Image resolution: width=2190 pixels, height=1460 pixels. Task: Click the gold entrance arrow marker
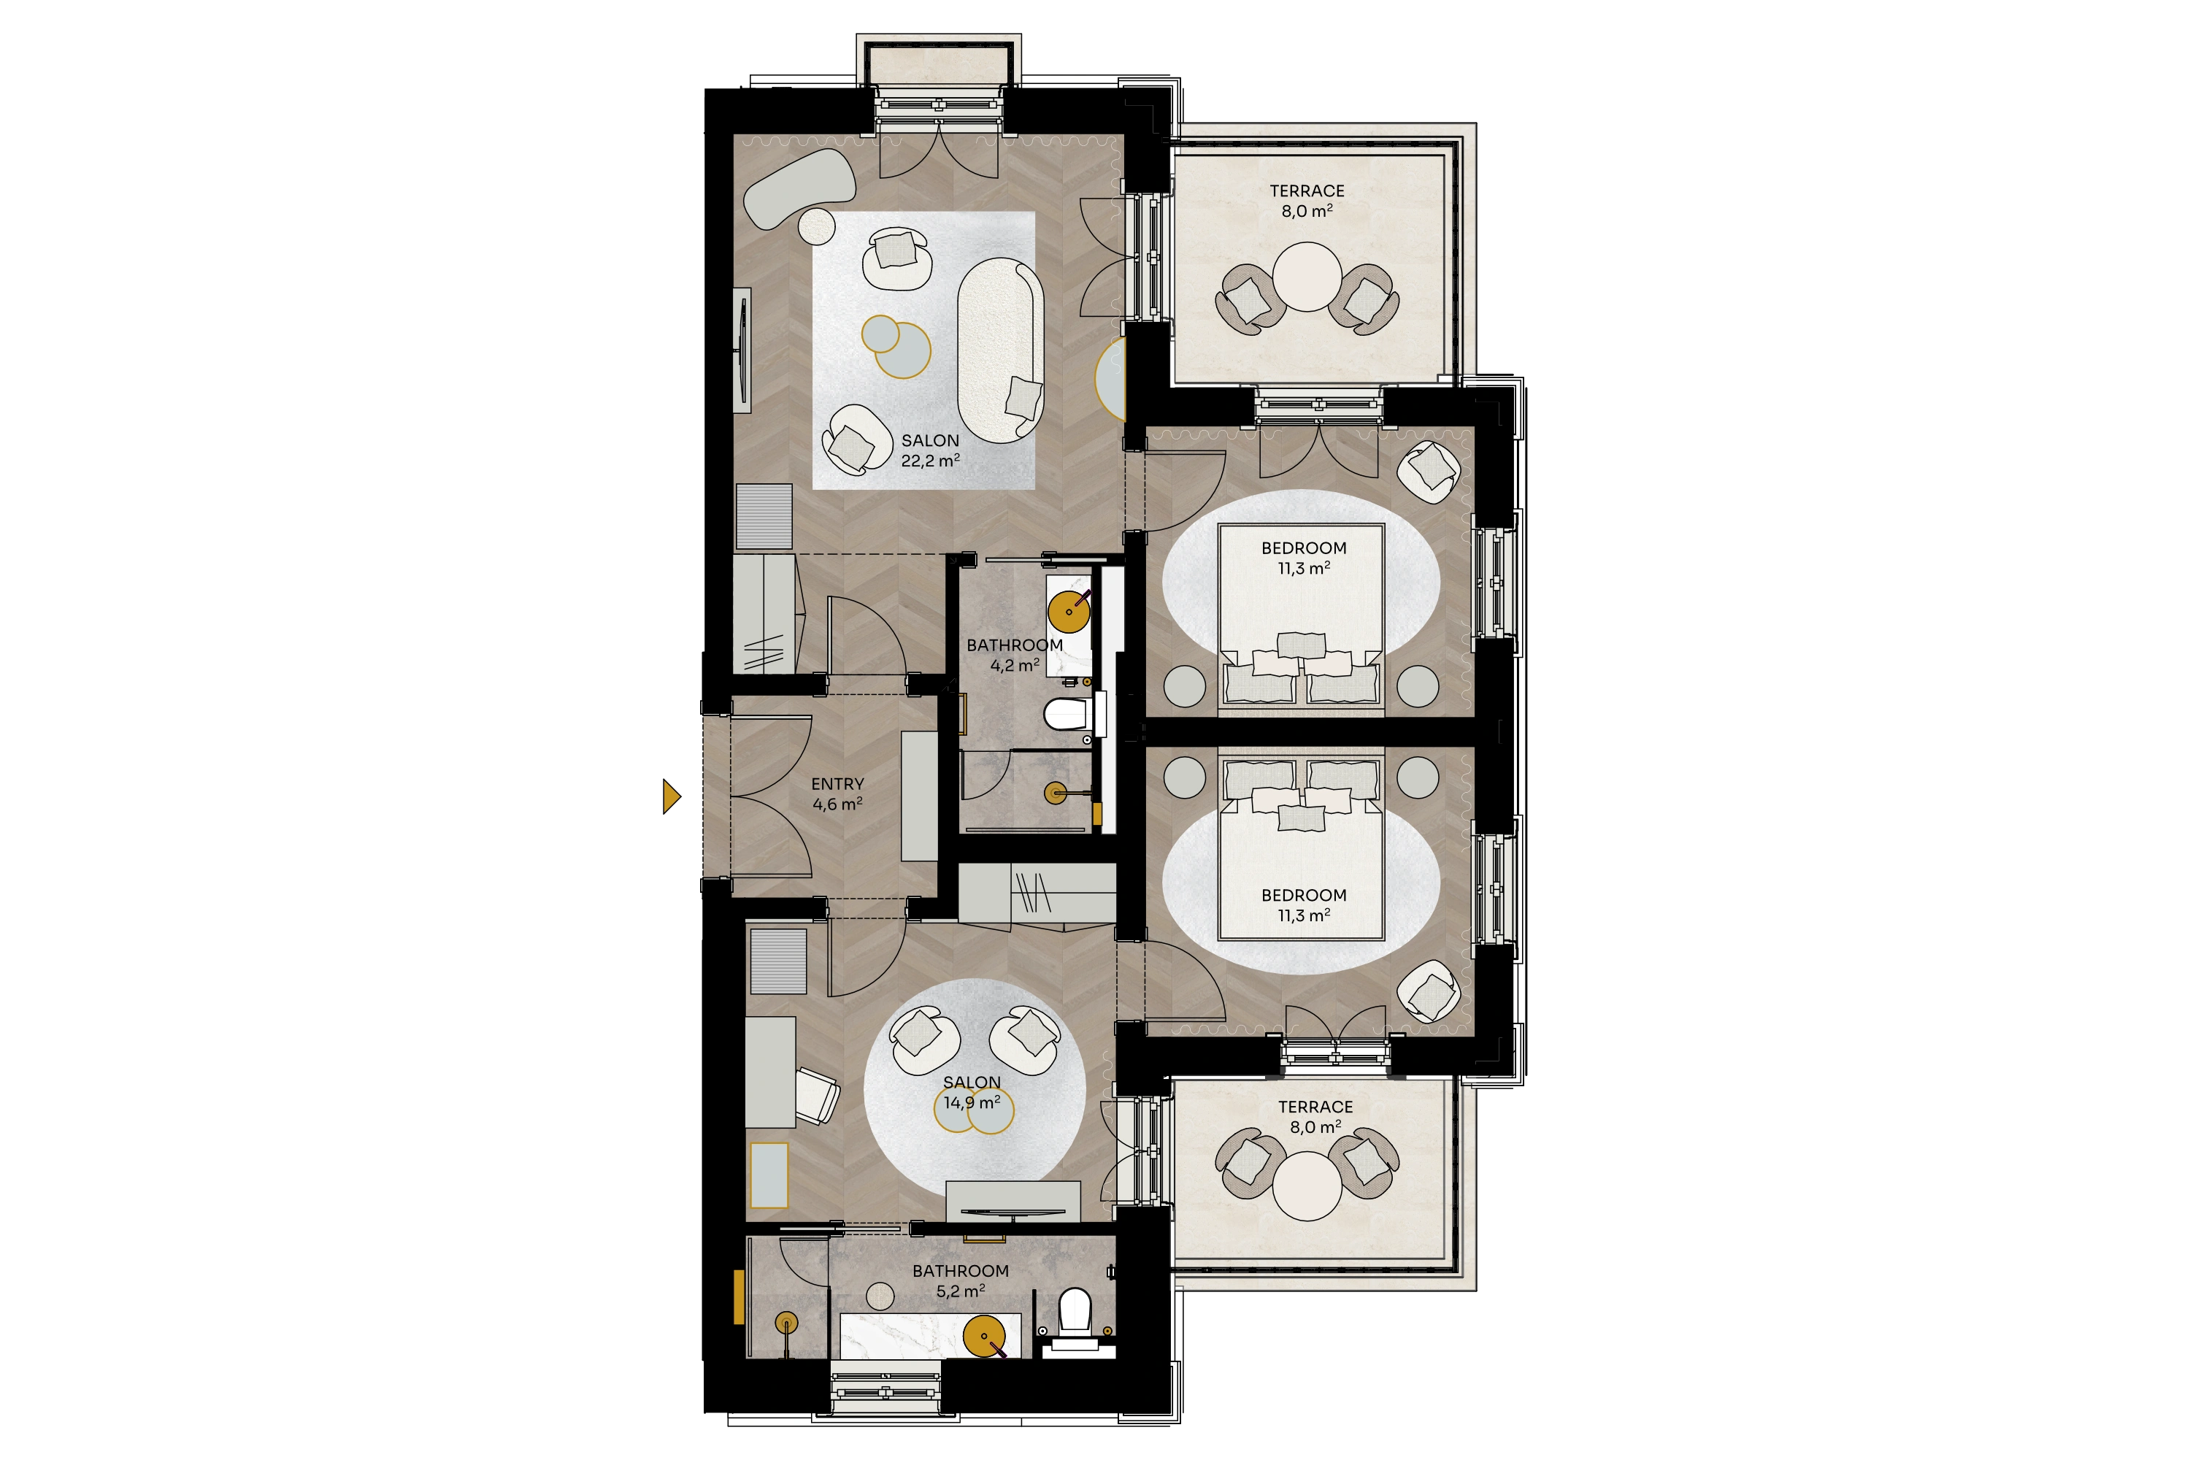tap(670, 797)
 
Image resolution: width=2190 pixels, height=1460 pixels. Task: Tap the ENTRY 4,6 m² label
tap(837, 794)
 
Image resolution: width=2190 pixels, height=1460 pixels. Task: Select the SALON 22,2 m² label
tap(930, 450)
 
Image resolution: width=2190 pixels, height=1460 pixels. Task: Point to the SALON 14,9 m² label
tap(972, 1092)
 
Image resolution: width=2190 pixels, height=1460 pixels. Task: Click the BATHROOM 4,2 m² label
tap(1015, 655)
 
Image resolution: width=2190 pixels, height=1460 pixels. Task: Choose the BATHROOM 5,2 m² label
tap(961, 1281)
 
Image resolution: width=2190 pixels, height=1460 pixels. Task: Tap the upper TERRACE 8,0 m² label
tap(1307, 200)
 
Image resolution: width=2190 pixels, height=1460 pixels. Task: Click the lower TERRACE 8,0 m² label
tap(1315, 1116)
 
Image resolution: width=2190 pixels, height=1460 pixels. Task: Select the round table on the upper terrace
tap(1307, 277)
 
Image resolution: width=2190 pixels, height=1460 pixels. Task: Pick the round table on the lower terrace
tap(1307, 1186)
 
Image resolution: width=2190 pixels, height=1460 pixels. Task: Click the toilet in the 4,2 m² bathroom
tap(1067, 715)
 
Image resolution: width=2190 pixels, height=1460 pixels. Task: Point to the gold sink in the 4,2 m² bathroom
tap(1069, 611)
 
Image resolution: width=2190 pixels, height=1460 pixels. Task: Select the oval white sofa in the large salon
tap(1001, 345)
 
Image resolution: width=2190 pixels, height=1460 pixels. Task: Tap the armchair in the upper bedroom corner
tap(1429, 472)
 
